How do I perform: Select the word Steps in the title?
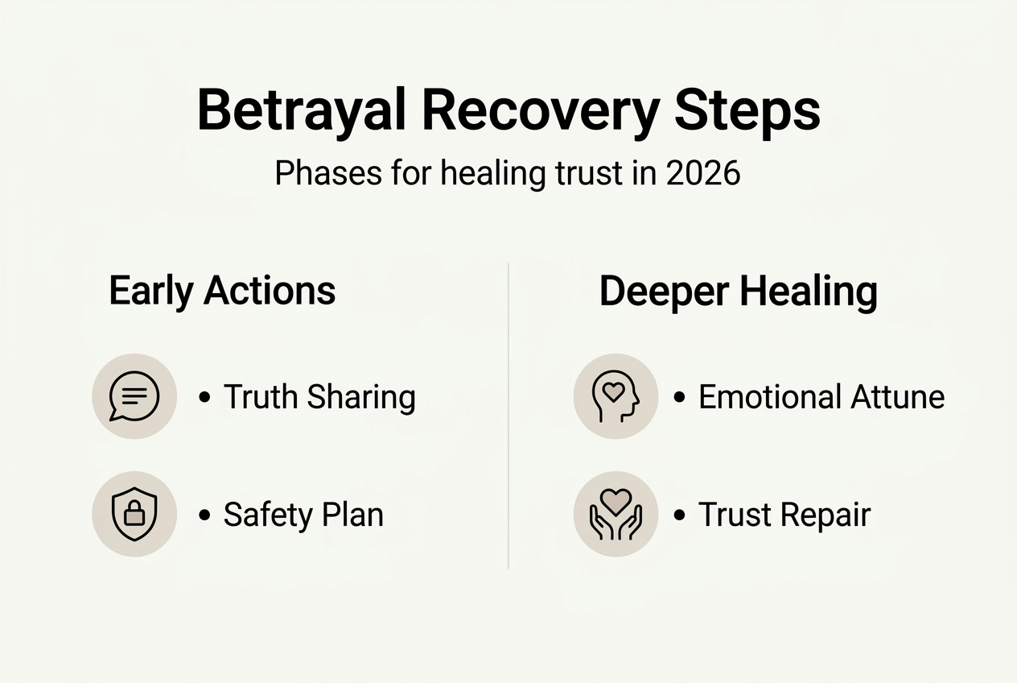(x=747, y=111)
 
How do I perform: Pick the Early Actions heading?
(x=222, y=291)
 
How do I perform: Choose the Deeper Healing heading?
(x=738, y=292)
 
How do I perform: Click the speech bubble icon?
(x=134, y=396)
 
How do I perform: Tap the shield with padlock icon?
(x=134, y=514)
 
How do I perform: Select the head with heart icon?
(x=616, y=396)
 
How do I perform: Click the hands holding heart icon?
(x=616, y=514)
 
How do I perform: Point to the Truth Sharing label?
(x=319, y=397)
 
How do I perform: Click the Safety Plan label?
(x=303, y=515)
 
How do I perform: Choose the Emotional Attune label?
(x=821, y=397)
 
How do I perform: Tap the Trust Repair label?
(x=784, y=515)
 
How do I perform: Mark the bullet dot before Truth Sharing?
(x=204, y=397)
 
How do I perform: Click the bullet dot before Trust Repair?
(x=679, y=515)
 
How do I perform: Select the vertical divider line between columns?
(x=508, y=415)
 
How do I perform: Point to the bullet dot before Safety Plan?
(x=204, y=515)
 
